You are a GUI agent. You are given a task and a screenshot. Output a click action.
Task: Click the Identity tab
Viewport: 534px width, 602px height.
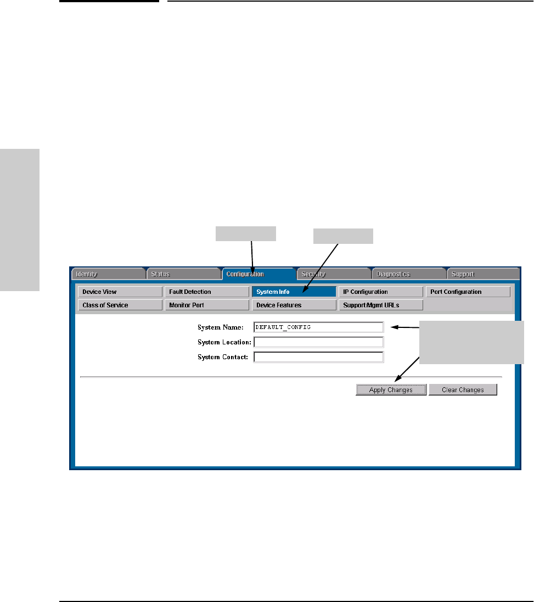[x=107, y=274]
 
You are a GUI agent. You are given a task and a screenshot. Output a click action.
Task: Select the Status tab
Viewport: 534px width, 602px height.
[x=183, y=274]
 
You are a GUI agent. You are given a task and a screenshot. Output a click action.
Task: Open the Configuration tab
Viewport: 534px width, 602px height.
[x=258, y=274]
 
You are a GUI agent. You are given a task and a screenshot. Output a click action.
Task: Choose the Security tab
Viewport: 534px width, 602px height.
[x=334, y=274]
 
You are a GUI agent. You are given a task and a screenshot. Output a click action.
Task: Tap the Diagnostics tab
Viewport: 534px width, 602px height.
[x=408, y=274]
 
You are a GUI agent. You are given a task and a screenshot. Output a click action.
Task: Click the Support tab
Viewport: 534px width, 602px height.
[x=483, y=274]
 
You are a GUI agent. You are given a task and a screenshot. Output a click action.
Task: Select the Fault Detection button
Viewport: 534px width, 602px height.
[x=207, y=292]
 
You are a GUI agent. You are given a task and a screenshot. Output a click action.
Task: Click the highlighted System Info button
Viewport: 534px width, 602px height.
[x=294, y=292]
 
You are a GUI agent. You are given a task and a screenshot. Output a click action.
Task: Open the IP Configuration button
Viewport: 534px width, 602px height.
[x=380, y=292]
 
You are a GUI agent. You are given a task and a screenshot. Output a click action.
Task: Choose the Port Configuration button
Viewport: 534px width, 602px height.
[x=468, y=292]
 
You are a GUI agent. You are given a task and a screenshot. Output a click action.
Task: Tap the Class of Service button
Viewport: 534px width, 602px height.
[x=120, y=305]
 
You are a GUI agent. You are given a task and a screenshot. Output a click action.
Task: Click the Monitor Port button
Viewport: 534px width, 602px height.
[x=207, y=305]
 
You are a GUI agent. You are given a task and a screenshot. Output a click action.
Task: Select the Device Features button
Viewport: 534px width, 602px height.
[x=294, y=305]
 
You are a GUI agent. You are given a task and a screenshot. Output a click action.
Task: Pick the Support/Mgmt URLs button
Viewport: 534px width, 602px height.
[x=380, y=305]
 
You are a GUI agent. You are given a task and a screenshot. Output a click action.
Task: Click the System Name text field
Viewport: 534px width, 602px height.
[x=318, y=327]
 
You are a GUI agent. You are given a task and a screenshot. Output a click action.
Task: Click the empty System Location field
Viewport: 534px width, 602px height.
[x=318, y=342]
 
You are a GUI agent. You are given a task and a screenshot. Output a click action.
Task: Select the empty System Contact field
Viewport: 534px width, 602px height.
[x=318, y=357]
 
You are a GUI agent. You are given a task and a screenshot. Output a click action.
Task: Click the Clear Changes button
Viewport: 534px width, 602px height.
[x=463, y=390]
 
